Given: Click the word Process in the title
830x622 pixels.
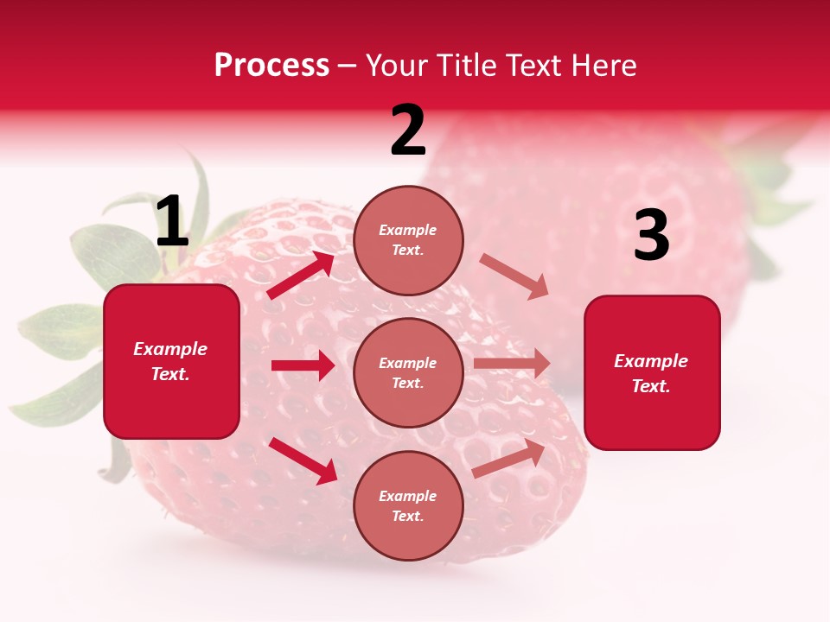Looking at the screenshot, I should pos(271,66).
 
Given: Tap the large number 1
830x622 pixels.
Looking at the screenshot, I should pos(172,222).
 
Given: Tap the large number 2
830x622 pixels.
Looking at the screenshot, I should pos(408,130).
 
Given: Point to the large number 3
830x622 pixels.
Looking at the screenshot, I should pos(651,236).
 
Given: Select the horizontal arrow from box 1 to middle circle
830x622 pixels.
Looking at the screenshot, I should pos(303,365).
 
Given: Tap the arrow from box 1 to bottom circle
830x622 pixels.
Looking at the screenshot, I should pos(303,460).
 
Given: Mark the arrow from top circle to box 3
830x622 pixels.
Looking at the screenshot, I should pos(514,276).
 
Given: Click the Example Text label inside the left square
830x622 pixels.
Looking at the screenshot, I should pos(170,361).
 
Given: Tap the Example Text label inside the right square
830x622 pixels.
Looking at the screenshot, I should pos(651,373).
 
